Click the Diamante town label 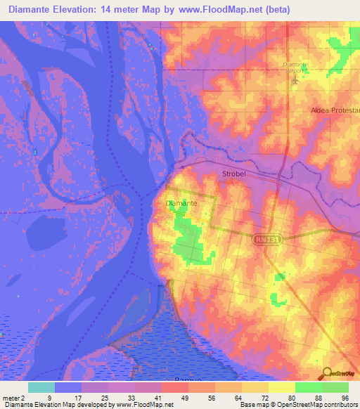[x=181, y=203]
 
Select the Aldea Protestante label [x=335, y=111]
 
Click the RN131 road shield [x=262, y=240]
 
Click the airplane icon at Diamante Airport [x=295, y=79]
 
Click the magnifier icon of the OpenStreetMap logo [x=326, y=375]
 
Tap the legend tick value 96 [x=345, y=397]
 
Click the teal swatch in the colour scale [x=41, y=387]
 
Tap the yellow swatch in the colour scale [x=281, y=387]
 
